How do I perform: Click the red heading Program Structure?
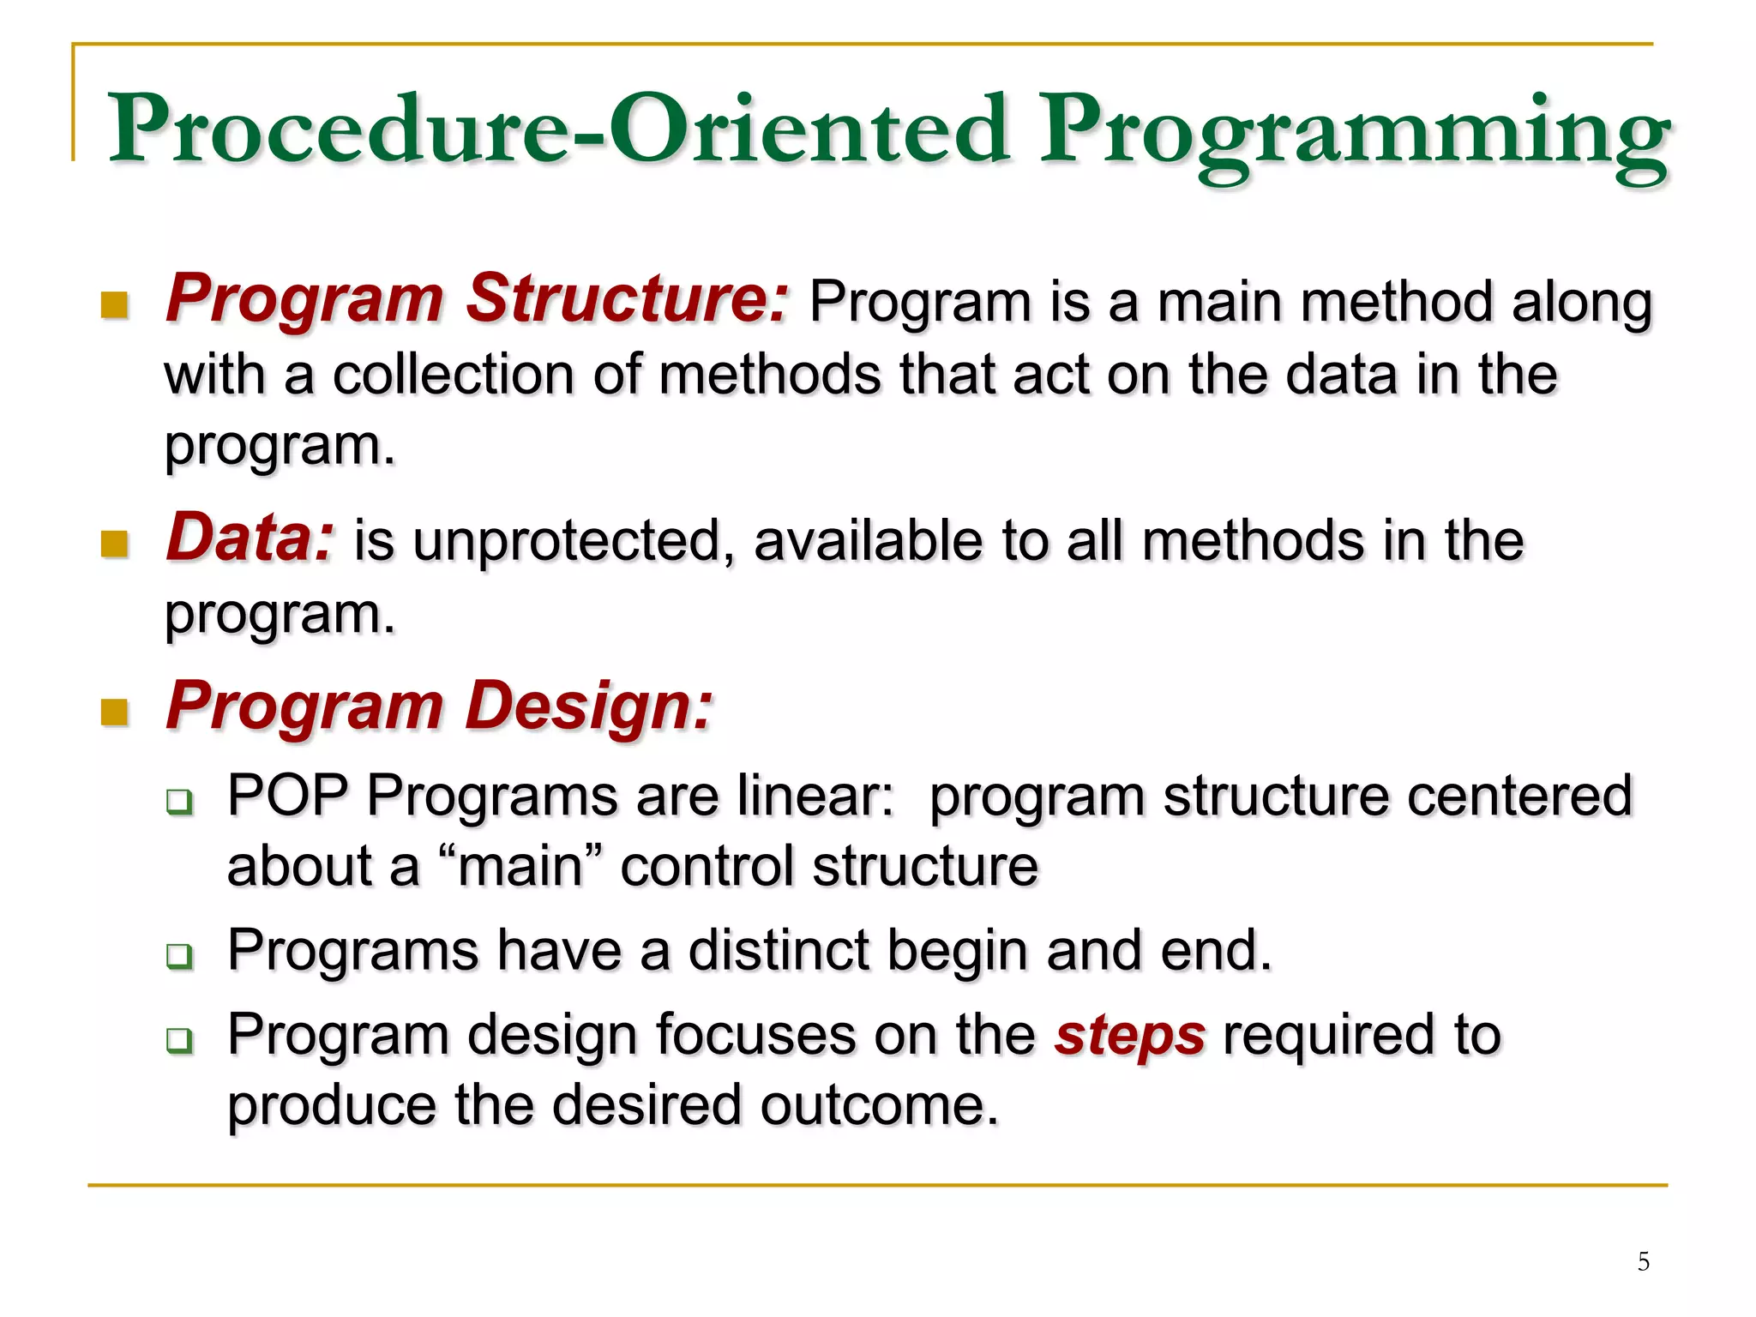(477, 299)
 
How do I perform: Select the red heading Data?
(250, 538)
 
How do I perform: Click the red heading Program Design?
(439, 707)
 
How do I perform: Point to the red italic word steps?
(1130, 1036)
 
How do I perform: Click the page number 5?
(1643, 1261)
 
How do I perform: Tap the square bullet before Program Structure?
(114, 304)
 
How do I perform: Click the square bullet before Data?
(114, 544)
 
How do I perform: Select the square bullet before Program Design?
(114, 712)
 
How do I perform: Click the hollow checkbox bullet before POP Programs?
(179, 802)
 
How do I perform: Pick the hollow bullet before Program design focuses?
(179, 1040)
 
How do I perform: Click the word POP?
(288, 796)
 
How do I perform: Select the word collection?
(453, 376)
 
